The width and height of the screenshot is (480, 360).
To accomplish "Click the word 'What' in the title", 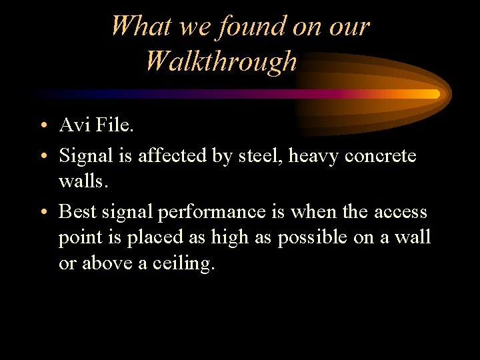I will (x=133, y=26).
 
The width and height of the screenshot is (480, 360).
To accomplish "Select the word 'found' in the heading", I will (x=244, y=26).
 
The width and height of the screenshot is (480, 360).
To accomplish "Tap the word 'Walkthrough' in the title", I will (x=221, y=61).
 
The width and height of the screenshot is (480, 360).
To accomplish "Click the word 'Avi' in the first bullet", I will (x=73, y=125).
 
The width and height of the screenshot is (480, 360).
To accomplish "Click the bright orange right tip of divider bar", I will (x=435, y=93).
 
